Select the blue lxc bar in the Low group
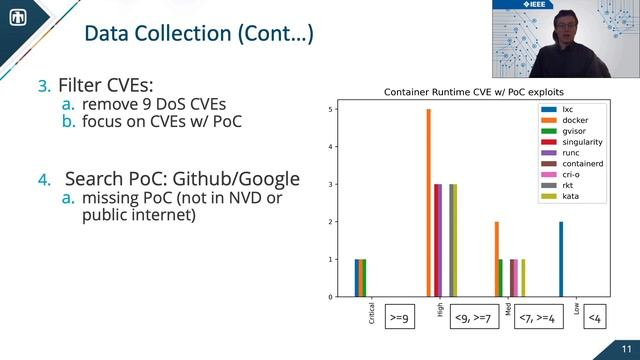[x=561, y=259]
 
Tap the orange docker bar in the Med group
[x=496, y=259]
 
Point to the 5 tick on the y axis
[x=331, y=110]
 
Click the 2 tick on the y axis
[x=331, y=222]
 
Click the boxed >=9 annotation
[x=400, y=320]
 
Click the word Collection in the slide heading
[x=185, y=34]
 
